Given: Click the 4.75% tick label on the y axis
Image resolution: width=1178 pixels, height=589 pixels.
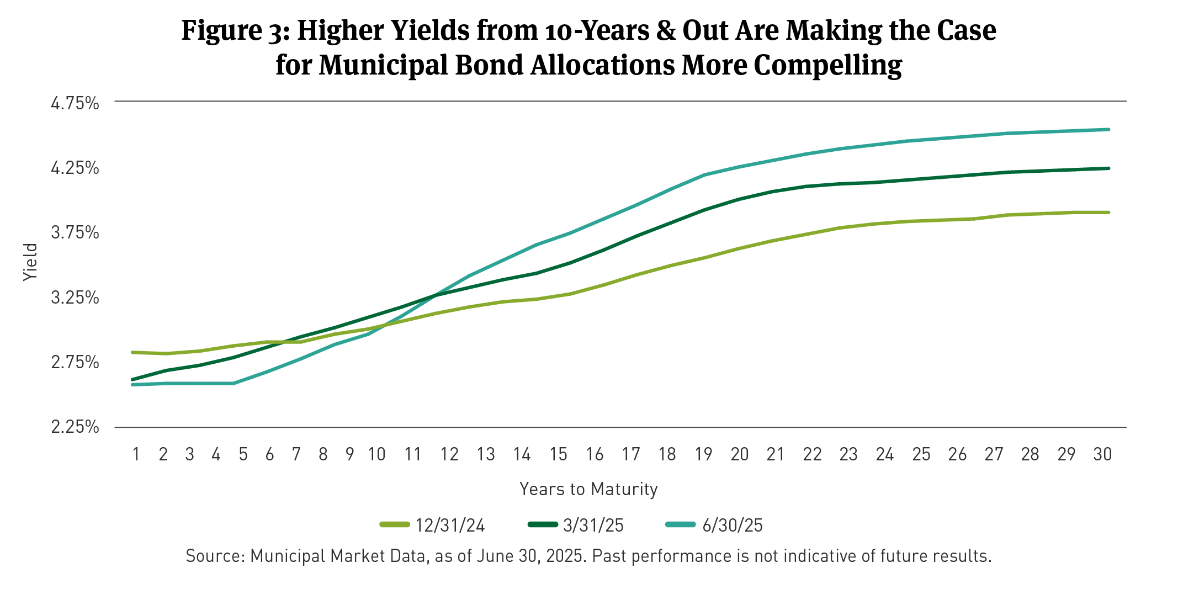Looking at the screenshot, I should (x=75, y=103).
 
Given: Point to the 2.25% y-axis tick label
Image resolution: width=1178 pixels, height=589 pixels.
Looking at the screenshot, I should (x=75, y=427).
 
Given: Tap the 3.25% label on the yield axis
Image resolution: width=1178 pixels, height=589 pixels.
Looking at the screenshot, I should (x=75, y=298).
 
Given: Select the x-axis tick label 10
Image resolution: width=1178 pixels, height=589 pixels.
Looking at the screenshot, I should (x=376, y=454).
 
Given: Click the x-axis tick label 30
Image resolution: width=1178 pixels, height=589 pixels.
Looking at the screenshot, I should (x=1102, y=454).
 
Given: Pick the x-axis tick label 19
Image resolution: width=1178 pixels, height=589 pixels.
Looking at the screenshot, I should (x=703, y=454).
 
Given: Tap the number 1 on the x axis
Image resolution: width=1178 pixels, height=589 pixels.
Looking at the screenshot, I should (x=136, y=454).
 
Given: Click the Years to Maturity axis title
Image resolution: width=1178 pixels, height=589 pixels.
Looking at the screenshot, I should (x=588, y=489).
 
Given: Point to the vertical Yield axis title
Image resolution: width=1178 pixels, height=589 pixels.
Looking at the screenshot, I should (x=30, y=262).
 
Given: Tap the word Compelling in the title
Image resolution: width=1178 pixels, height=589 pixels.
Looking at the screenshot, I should (x=827, y=65).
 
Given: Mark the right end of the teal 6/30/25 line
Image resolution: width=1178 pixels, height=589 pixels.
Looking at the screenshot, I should (x=1108, y=130).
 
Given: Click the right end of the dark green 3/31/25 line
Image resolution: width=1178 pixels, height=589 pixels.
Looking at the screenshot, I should (x=1108, y=168).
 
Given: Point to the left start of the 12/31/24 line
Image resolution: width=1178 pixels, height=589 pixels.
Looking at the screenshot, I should (x=132, y=352).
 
